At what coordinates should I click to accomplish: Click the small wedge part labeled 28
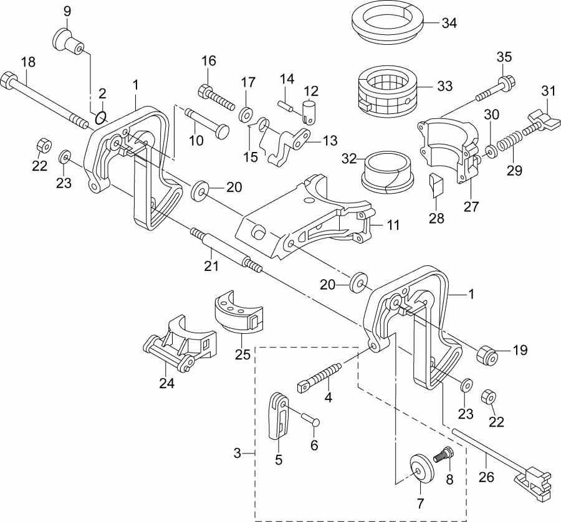click(436, 185)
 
